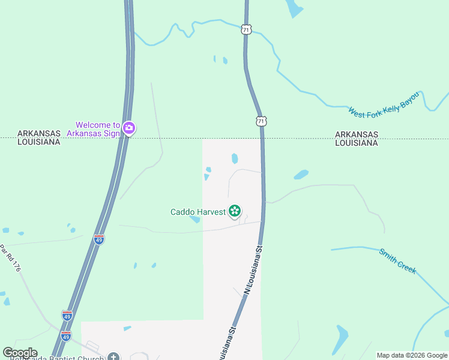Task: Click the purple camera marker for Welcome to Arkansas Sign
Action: (128, 128)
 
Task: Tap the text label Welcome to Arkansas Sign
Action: (93, 129)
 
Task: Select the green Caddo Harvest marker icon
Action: (235, 211)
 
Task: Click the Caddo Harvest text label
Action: (197, 211)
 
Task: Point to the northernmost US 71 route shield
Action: (246, 29)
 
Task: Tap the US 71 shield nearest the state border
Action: (261, 121)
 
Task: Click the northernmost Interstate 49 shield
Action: (99, 239)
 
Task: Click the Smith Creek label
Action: (397, 261)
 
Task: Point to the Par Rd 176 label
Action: (11, 258)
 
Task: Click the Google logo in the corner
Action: (20, 353)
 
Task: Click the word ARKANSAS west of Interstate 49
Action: (39, 133)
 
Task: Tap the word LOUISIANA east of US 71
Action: (357, 143)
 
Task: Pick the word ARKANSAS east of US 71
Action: (357, 134)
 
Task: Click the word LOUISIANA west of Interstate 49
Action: (39, 142)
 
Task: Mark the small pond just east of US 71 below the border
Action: (301, 175)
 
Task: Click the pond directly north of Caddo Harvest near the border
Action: (234, 158)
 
